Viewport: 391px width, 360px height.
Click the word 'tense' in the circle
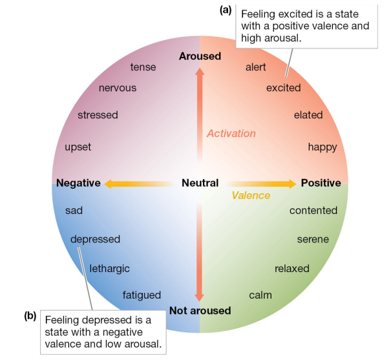tap(143, 67)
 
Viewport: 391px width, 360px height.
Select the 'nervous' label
tap(117, 88)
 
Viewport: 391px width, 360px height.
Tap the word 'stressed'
tap(98, 115)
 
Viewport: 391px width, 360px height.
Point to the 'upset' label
tap(78, 147)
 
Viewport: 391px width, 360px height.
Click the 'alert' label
tap(255, 67)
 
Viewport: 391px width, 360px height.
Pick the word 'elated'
tap(308, 115)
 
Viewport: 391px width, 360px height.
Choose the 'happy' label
tap(322, 147)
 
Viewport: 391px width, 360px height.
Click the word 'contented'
tap(313, 210)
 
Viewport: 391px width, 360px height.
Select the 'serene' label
tap(313, 239)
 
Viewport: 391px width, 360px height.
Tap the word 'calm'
tap(260, 295)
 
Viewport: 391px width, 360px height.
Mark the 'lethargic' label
tap(109, 268)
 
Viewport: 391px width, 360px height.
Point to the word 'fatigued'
tap(142, 295)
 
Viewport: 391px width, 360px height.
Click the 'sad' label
tap(74, 210)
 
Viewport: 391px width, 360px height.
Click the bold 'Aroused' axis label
tap(200, 56)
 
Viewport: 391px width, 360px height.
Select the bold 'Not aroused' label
tap(200, 311)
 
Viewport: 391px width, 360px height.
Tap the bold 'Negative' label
tap(78, 183)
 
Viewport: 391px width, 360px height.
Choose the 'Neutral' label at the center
tap(200, 183)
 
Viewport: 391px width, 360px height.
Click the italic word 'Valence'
tap(251, 195)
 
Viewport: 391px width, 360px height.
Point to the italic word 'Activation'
tap(231, 133)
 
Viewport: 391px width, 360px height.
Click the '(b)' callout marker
tap(30, 316)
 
